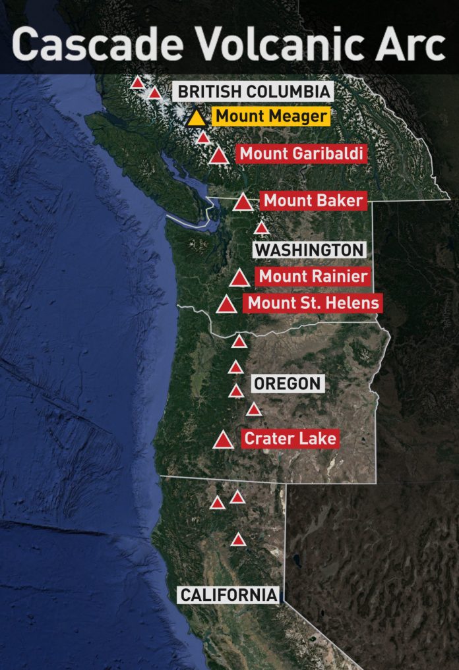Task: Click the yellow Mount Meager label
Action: [270, 117]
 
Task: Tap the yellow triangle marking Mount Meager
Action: [197, 119]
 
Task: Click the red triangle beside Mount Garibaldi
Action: [220, 156]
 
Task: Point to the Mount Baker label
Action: [313, 200]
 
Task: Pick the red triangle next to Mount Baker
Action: [243, 202]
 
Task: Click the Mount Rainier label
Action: [313, 276]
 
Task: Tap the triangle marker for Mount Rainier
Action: [240, 279]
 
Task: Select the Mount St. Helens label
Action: [313, 303]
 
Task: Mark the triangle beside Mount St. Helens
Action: [227, 305]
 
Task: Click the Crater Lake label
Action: [290, 438]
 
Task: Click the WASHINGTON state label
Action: [309, 250]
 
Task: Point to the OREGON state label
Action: [287, 383]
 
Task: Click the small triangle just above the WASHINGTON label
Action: [262, 228]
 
